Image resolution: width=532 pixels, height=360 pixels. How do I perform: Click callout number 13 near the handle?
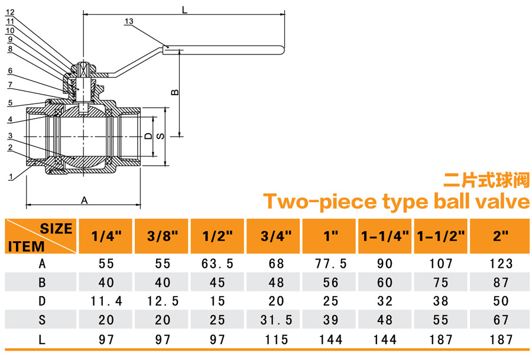pos(129,21)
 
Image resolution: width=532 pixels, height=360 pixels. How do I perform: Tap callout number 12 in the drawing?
pos(10,12)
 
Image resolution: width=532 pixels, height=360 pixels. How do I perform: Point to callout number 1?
pos(11,177)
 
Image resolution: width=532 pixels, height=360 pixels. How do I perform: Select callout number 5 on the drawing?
pos(10,103)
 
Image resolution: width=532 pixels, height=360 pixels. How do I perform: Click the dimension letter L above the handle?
pos(184,9)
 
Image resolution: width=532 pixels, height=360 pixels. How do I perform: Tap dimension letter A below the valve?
pos(84,200)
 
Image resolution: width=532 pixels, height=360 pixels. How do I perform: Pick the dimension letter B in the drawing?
pos(174,92)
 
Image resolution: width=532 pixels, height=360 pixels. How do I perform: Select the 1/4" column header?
pos(106,236)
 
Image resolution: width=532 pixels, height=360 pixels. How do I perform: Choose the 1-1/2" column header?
pos(440,236)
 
